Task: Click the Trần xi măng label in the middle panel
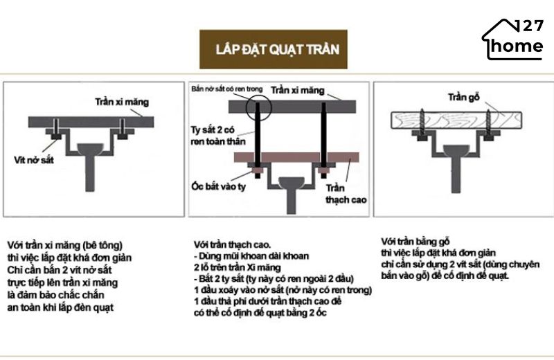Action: coord(297,90)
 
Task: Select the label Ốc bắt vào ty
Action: coord(219,187)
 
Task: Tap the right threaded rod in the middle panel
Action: coord(323,135)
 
